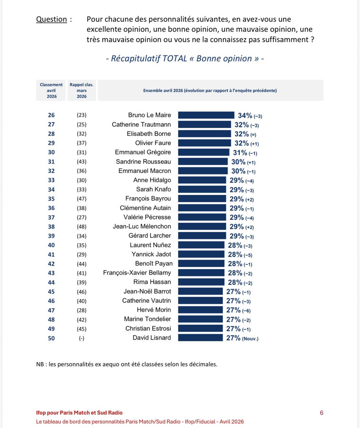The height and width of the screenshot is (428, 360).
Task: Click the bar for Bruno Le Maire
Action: point(206,115)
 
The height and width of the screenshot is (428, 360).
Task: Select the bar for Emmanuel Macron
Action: point(203,171)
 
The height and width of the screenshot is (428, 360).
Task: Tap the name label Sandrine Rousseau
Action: point(143,162)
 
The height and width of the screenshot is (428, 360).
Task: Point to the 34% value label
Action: point(245,116)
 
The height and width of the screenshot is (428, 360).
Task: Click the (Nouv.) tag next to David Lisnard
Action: point(250,338)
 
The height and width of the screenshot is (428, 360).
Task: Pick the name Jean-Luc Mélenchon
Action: point(142,226)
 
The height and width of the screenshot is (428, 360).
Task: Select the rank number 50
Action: point(51,338)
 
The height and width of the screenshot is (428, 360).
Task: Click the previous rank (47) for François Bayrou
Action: point(82,199)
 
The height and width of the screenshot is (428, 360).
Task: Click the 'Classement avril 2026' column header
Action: point(51,91)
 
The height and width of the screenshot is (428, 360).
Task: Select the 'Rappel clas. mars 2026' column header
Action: point(82,91)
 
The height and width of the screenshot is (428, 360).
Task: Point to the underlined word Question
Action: point(51,19)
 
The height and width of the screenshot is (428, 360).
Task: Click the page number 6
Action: point(321,413)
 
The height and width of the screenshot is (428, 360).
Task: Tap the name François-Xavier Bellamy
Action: point(137,273)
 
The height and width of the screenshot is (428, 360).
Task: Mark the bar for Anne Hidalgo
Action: point(202,180)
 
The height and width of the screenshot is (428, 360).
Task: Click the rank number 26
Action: point(51,115)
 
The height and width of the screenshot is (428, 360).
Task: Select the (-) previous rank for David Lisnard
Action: point(82,338)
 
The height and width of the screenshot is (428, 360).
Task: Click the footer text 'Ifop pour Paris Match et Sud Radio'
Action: point(79,413)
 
